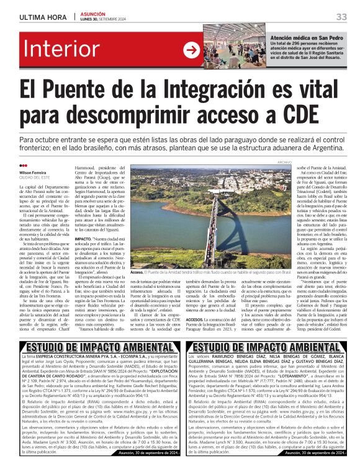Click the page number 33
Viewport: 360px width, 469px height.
(342, 16)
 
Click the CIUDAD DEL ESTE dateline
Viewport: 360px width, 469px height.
(34, 177)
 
